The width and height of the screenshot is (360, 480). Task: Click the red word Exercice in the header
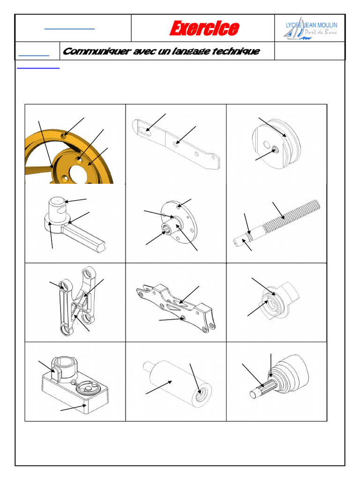(203, 29)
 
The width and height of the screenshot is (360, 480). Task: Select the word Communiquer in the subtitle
(97, 51)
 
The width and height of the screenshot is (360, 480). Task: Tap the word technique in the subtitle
(235, 51)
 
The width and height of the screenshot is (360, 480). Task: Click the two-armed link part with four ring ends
(75, 300)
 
